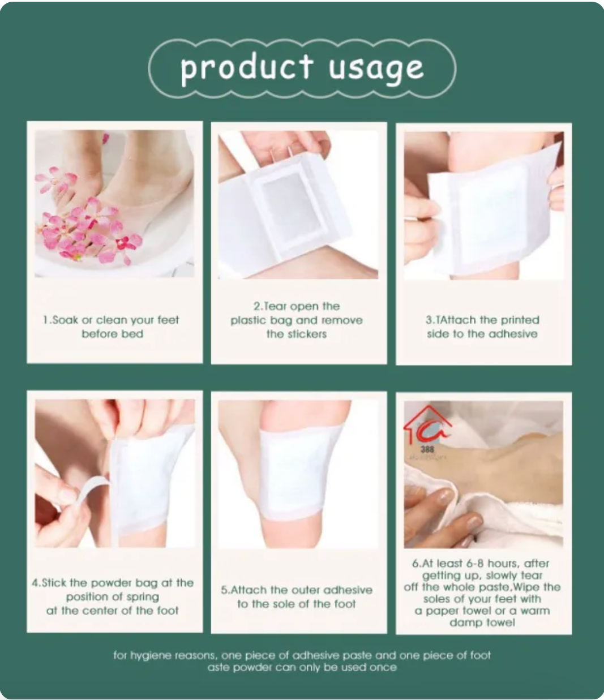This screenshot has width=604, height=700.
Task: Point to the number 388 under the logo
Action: coord(427,449)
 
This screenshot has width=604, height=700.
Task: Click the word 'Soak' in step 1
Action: coord(65,320)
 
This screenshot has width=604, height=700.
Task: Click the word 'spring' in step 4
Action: coord(143,597)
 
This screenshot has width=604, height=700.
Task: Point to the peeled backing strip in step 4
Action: coord(90,487)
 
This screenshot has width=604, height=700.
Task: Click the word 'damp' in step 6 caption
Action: coord(462,622)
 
